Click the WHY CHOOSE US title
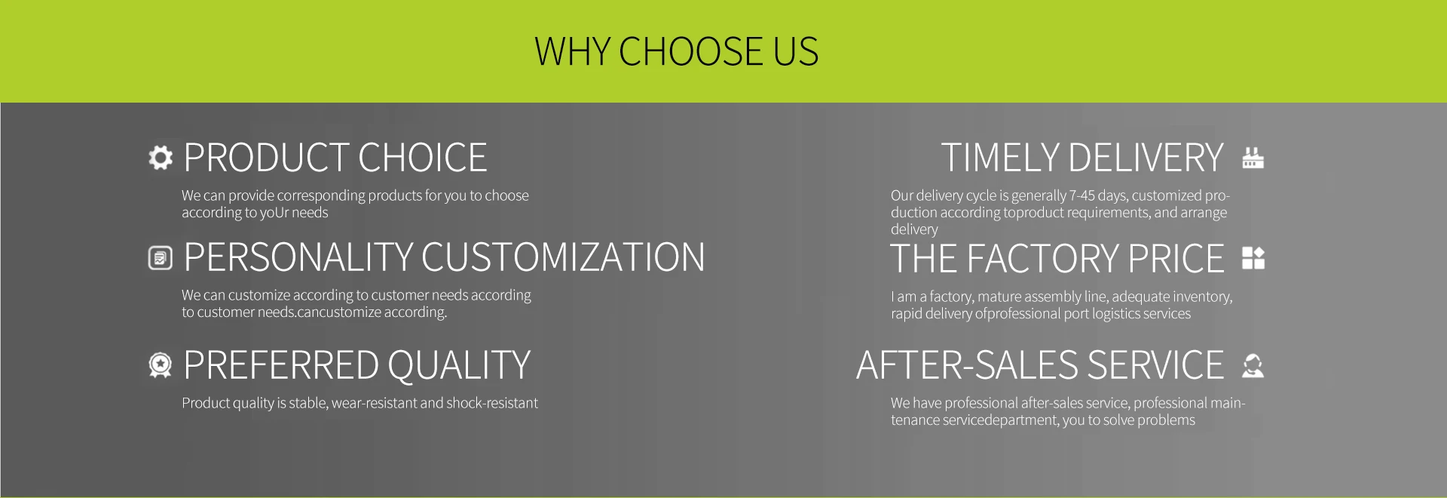point(676,51)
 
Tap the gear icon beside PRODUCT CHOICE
point(161,158)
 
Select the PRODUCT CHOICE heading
point(335,158)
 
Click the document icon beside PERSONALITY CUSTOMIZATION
point(161,258)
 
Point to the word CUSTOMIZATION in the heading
point(563,257)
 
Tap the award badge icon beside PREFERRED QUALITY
point(161,365)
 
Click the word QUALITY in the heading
point(459,365)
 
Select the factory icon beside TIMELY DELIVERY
point(1253,158)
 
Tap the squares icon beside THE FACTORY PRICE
point(1253,258)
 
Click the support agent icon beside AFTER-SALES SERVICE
point(1253,365)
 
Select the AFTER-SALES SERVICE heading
point(1040,365)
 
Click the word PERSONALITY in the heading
point(298,257)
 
